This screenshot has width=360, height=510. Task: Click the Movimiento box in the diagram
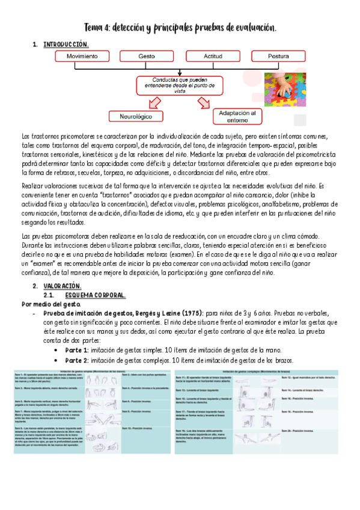(82, 56)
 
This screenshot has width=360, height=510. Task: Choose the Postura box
(278, 56)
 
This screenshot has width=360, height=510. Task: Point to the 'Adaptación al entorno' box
(237, 116)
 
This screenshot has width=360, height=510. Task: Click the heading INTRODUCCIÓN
(66, 45)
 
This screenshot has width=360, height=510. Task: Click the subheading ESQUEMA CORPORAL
(97, 295)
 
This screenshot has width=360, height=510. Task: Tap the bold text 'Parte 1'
(76, 350)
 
